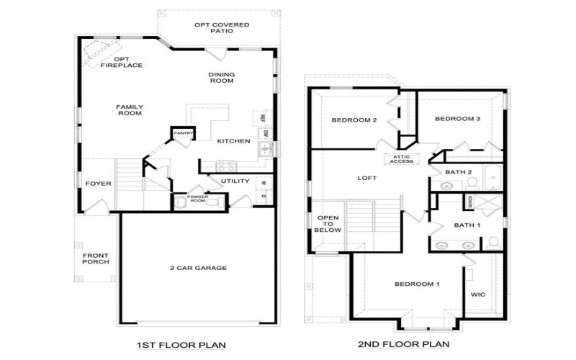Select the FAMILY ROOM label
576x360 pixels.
point(130,109)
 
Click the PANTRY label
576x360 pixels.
point(183,133)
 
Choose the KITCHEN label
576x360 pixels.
point(233,141)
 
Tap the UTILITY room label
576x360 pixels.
point(235,181)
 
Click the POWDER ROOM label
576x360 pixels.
point(197,199)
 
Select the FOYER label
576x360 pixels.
point(98,184)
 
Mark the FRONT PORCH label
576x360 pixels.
point(95,258)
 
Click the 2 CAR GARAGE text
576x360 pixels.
point(198,268)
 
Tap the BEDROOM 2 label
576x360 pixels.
point(354,120)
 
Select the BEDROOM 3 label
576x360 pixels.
point(458,119)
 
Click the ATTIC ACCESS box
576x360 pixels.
point(402,159)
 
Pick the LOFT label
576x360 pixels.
point(368,178)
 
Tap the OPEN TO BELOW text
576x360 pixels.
point(328,224)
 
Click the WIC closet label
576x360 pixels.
point(478,294)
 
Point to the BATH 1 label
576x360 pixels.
point(467,225)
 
